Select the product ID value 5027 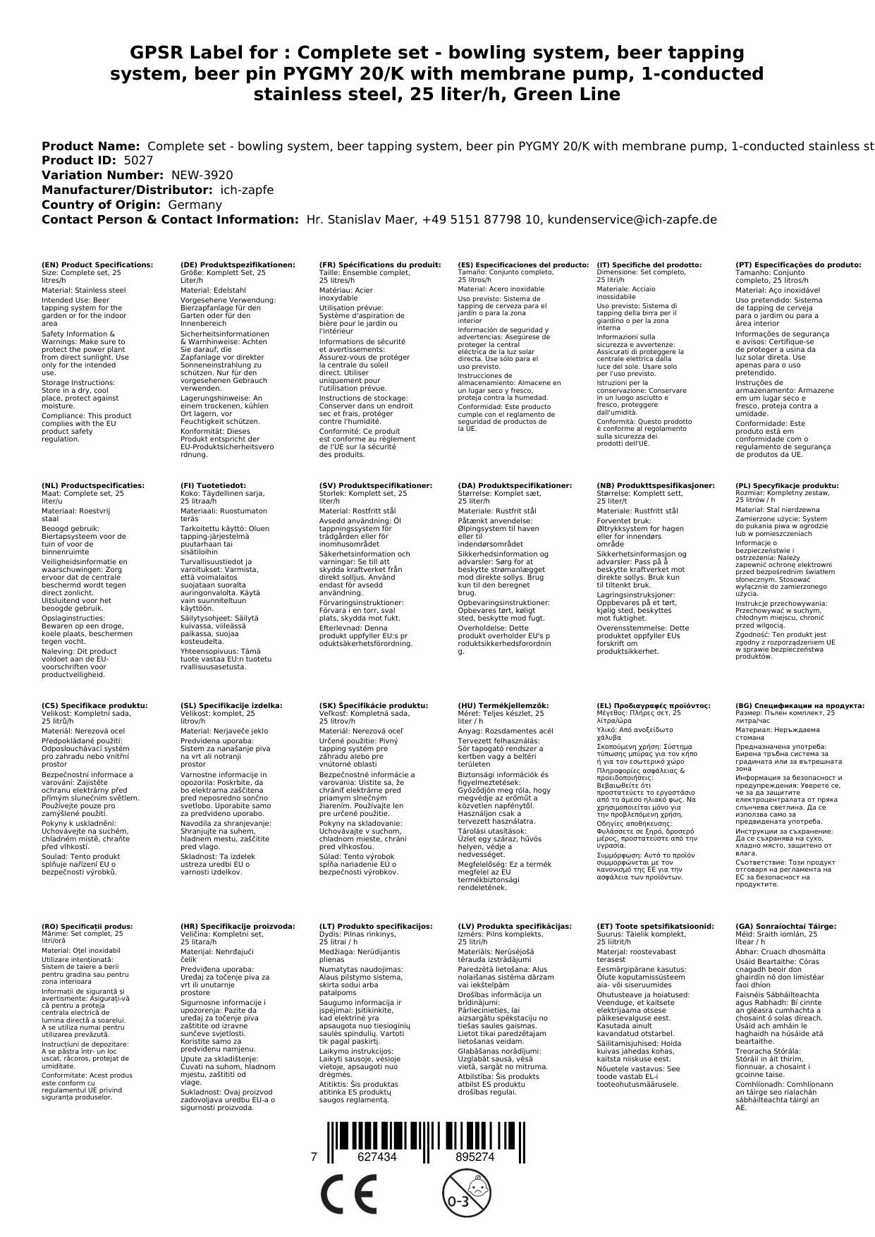click(138, 161)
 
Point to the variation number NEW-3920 click(202, 176)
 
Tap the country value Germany click(195, 205)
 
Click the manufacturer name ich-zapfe click(247, 190)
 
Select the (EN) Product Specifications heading click(97, 264)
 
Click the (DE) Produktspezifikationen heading click(238, 264)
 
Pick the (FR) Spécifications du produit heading click(380, 264)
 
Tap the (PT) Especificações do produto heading click(798, 264)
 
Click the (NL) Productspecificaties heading click(93, 485)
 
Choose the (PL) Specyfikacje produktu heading click(787, 485)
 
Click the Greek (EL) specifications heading click(654, 705)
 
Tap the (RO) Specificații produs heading click(87, 926)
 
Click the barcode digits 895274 click(475, 1157)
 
